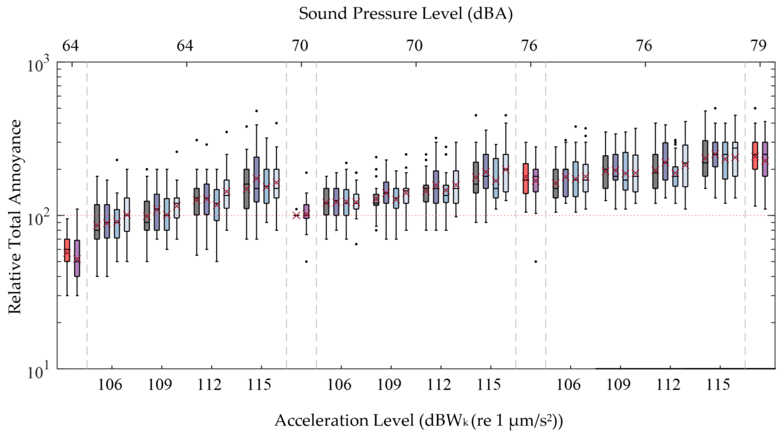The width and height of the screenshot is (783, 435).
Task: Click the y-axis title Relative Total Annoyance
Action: tap(15, 217)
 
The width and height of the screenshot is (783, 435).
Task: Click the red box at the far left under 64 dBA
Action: tap(67, 250)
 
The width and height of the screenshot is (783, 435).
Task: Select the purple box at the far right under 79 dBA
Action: tap(765, 159)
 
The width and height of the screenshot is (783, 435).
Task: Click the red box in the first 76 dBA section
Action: tap(526, 178)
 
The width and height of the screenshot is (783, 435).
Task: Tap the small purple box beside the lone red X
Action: tap(306, 211)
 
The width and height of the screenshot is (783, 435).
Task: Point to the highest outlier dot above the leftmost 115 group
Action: tap(256, 111)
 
